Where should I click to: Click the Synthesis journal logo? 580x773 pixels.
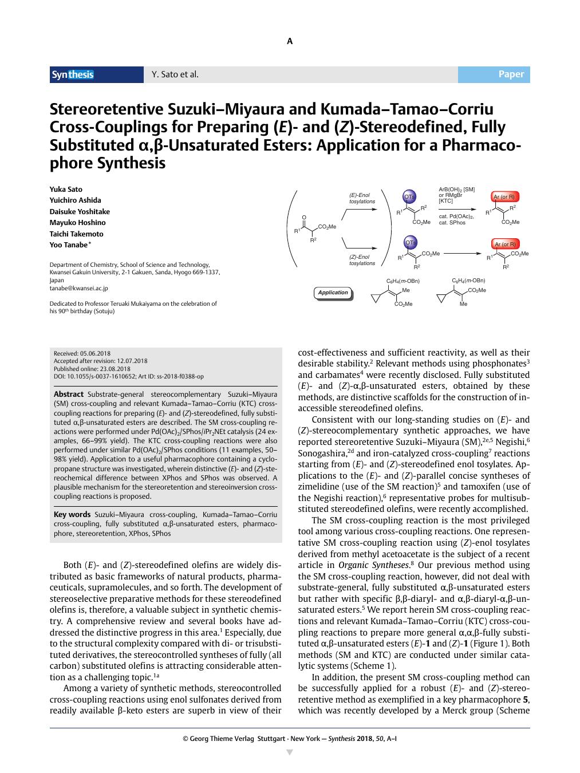coord(73,74)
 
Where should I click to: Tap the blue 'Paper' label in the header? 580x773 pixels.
coord(511,74)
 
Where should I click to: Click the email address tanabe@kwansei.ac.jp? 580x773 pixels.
coord(78,289)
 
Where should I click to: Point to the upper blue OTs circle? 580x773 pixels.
coord(409,196)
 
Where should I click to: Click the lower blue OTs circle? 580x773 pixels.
coord(411,243)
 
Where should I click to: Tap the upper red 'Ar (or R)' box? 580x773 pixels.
coord(504,197)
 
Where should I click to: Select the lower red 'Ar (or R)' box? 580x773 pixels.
coord(504,244)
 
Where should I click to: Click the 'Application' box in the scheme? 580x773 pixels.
coord(333,293)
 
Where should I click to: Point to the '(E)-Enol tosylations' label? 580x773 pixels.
coord(362,198)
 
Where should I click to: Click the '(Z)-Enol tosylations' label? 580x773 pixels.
coord(362,260)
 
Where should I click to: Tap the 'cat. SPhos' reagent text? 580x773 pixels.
coord(452,223)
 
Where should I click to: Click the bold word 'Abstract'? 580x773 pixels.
coord(69,395)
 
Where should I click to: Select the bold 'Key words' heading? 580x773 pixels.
coord(72,514)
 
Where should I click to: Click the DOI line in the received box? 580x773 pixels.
coord(128,376)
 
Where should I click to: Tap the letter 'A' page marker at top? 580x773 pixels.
coord(290,41)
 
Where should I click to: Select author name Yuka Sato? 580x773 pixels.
coord(66,189)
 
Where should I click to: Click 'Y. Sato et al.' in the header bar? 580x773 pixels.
coord(175,74)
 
